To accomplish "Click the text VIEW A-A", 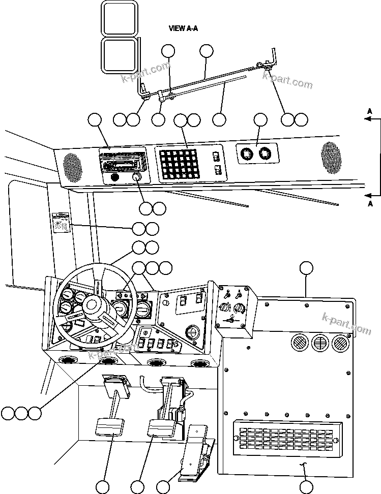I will (x=183, y=28).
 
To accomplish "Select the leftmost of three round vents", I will (x=300, y=343).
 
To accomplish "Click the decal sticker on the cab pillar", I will (x=62, y=222).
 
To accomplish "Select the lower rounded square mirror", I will (x=119, y=55).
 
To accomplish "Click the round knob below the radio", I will (x=136, y=177).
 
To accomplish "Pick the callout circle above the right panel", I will (x=306, y=268).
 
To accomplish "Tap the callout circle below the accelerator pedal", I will (x=163, y=487).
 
